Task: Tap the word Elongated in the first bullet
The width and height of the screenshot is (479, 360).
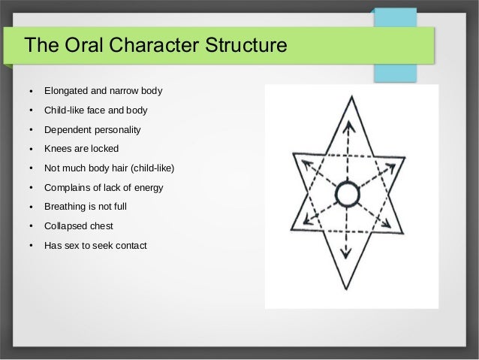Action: [x=68, y=92]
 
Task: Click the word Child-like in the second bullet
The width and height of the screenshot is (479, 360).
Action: [x=67, y=111]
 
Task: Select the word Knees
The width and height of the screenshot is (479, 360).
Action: [x=58, y=149]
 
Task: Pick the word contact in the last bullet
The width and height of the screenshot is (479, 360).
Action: [x=131, y=243]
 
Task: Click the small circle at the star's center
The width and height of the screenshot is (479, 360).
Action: [x=347, y=195]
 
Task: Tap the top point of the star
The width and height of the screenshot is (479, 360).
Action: [x=347, y=96]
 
